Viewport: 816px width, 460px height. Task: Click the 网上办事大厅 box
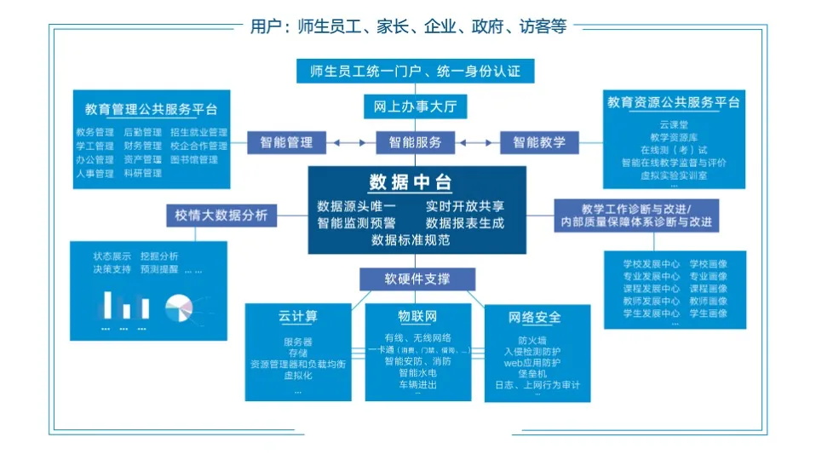tap(416, 107)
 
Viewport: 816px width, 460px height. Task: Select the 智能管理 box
tap(286, 142)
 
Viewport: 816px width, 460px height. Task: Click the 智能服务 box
tap(416, 142)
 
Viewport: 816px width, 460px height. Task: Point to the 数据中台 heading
tap(411, 183)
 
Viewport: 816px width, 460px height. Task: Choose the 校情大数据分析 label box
tap(221, 215)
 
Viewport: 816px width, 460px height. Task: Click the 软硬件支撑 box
tap(417, 279)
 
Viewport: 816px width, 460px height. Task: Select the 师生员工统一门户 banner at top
tap(416, 72)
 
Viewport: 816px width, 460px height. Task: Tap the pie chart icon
tap(178, 307)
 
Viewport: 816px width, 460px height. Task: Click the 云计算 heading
tap(297, 317)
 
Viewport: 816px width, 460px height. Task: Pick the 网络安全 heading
tap(535, 318)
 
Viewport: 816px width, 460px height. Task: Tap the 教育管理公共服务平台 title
tap(151, 110)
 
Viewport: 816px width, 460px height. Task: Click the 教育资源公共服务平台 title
tap(673, 103)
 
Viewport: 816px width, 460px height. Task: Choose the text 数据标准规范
tap(411, 240)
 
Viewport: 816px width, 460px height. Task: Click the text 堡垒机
tap(532, 373)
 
